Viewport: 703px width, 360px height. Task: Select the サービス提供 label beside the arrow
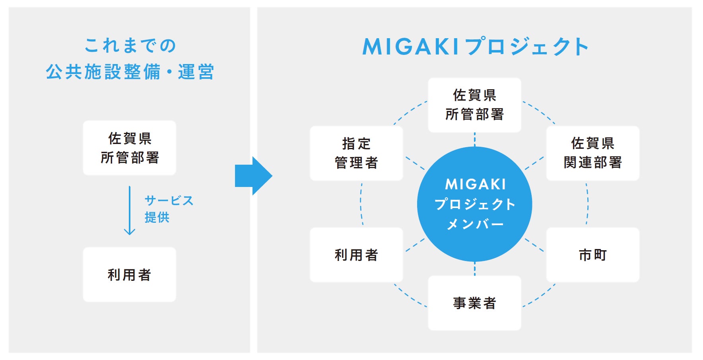(x=169, y=209)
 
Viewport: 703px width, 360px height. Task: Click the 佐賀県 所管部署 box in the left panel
(x=130, y=148)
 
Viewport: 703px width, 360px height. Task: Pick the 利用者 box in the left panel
(x=130, y=274)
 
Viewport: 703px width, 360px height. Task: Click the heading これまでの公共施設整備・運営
(x=130, y=58)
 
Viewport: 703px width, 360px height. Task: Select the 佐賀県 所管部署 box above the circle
(x=474, y=105)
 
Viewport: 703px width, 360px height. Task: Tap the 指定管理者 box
(x=356, y=153)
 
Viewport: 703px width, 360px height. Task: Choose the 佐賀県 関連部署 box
(x=593, y=153)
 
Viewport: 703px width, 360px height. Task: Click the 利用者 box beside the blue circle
(x=356, y=255)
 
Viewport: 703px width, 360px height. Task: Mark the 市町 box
(x=593, y=255)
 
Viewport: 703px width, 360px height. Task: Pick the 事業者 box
(x=474, y=303)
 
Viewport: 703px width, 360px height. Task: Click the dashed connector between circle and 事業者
(x=475, y=269)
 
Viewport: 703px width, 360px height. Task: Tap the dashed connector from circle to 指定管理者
(x=415, y=163)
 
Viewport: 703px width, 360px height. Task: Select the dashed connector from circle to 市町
(x=534, y=245)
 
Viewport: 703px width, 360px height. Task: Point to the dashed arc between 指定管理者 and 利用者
(x=361, y=204)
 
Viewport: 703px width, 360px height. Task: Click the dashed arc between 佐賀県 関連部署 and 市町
(x=588, y=204)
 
